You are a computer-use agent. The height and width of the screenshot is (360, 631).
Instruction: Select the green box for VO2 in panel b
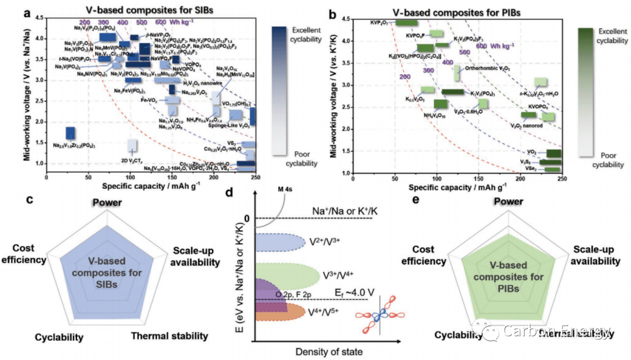(x=553, y=154)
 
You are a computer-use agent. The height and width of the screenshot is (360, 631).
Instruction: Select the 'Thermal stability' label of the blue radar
(x=169, y=336)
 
